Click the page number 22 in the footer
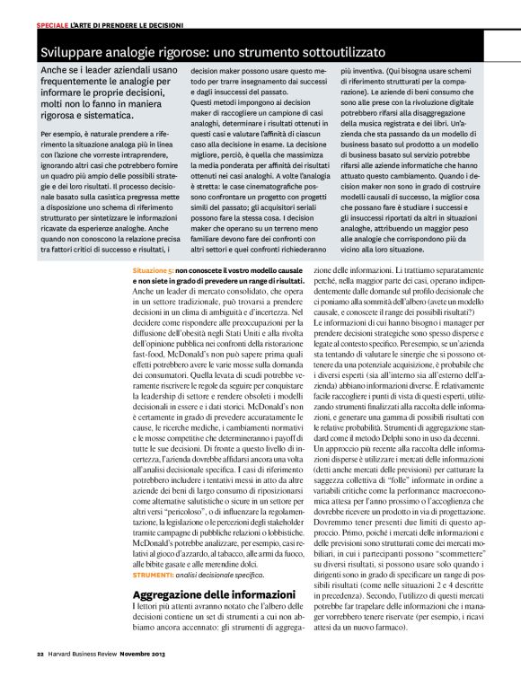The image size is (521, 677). point(40,653)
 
